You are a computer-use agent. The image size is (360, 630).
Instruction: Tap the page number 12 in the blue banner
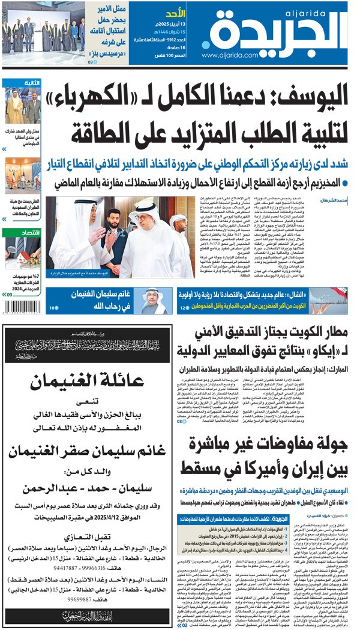[182, 308]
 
